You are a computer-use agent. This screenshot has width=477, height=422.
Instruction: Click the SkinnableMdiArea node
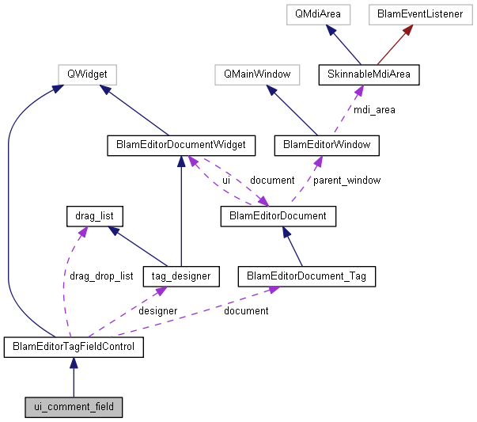[x=369, y=75]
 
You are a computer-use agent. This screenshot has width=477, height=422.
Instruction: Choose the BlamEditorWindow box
[x=327, y=145]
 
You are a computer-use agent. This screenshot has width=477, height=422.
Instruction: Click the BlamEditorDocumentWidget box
[x=182, y=145]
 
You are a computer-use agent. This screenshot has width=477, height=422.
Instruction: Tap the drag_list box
[x=95, y=215]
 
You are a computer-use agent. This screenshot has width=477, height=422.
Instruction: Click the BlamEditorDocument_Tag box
[x=307, y=276]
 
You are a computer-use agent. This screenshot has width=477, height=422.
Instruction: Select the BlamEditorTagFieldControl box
[x=74, y=347]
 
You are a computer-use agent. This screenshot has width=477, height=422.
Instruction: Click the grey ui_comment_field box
[x=74, y=408]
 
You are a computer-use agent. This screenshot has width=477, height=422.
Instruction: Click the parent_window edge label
[x=346, y=181]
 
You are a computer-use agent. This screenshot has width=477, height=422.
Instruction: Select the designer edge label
[x=158, y=311]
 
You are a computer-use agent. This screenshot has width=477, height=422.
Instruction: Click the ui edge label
[x=226, y=181]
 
